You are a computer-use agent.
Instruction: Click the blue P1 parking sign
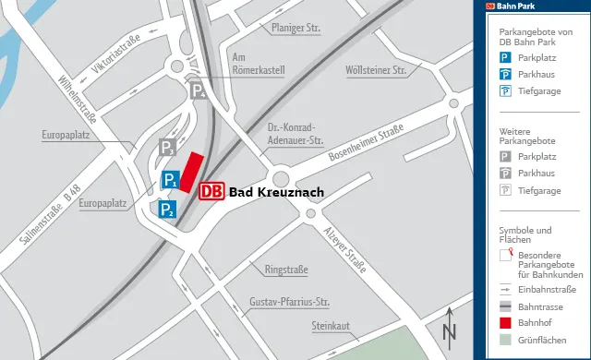tap(170, 180)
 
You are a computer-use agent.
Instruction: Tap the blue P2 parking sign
tap(166, 210)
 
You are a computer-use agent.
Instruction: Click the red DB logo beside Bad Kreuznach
tap(211, 191)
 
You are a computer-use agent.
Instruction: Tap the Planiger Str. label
tap(295, 29)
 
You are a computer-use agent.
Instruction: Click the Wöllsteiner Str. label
tap(375, 70)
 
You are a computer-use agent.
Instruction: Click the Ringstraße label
tap(286, 270)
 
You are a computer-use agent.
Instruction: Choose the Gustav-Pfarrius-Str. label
tap(290, 302)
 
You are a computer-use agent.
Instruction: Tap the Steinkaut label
tap(330, 326)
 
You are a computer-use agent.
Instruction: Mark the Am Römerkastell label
tap(259, 63)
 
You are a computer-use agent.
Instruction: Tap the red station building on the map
tap(190, 173)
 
